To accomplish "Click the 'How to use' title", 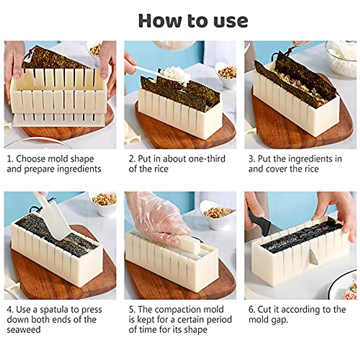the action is coord(193,20).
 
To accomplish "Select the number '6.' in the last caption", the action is coord(252,309).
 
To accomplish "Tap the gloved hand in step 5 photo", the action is coord(153,216).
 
